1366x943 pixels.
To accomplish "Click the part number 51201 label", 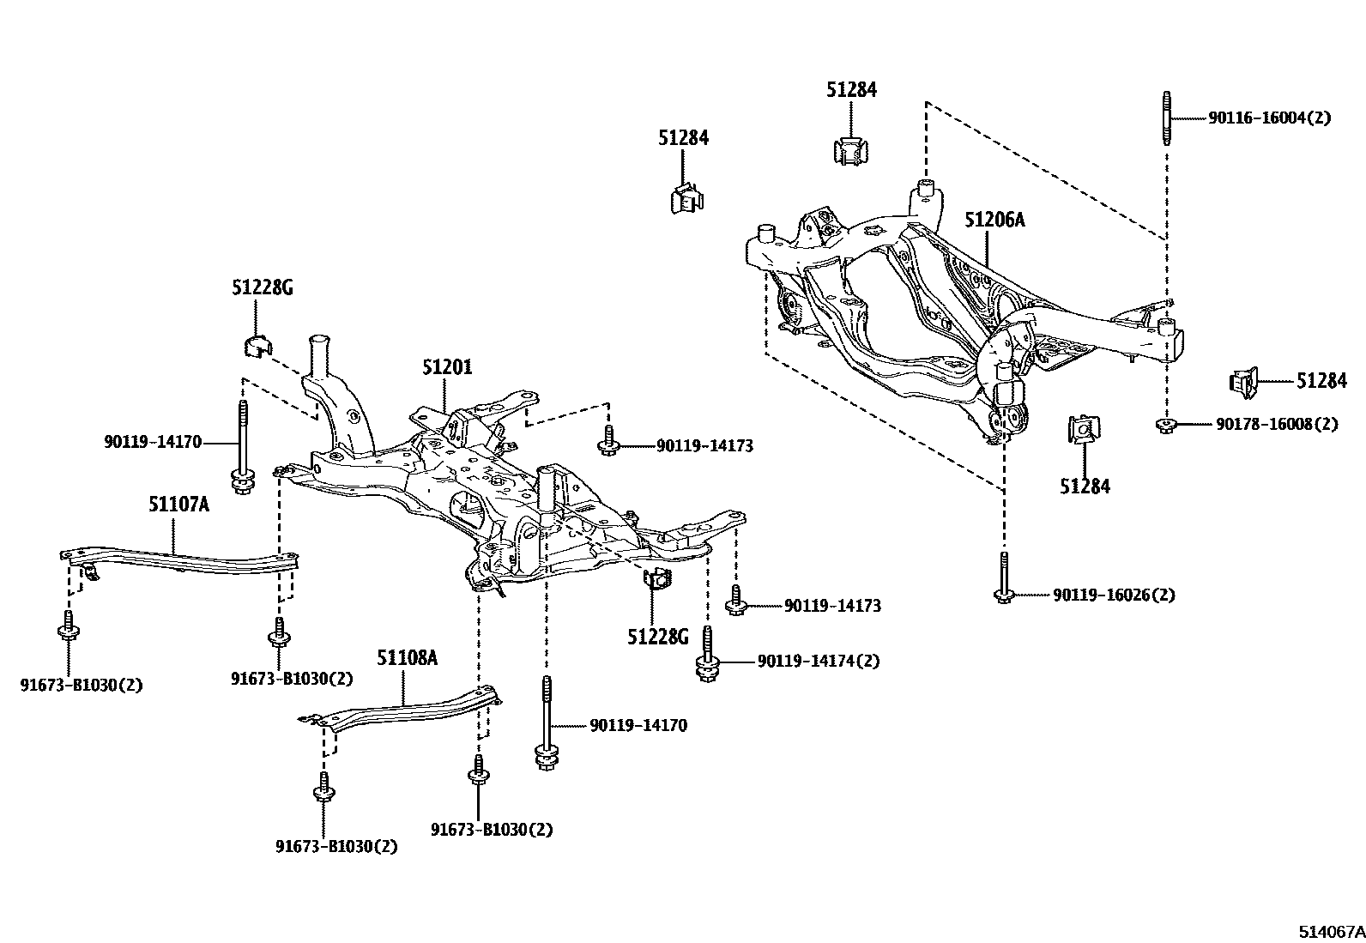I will [x=446, y=367].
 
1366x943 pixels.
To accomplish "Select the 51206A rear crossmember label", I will [x=994, y=220].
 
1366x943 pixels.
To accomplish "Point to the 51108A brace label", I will [x=407, y=657].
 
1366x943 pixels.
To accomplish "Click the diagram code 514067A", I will [x=1330, y=931].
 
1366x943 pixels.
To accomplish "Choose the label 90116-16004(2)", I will [x=1269, y=118].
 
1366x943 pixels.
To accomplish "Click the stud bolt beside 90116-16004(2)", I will [x=1167, y=118].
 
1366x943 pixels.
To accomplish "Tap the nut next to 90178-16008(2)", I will [x=1165, y=424].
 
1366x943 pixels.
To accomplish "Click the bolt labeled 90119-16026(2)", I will [x=1003, y=575].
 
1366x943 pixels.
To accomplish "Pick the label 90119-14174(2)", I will [x=818, y=662].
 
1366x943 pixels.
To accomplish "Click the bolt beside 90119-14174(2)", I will [x=707, y=656].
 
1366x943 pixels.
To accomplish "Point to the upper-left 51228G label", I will [x=262, y=288].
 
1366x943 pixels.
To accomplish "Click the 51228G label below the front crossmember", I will [x=657, y=637].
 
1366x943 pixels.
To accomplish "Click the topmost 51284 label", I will [x=851, y=89].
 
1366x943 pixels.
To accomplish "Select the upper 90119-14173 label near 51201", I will [x=704, y=446].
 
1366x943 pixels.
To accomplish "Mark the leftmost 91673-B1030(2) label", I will [x=81, y=685].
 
